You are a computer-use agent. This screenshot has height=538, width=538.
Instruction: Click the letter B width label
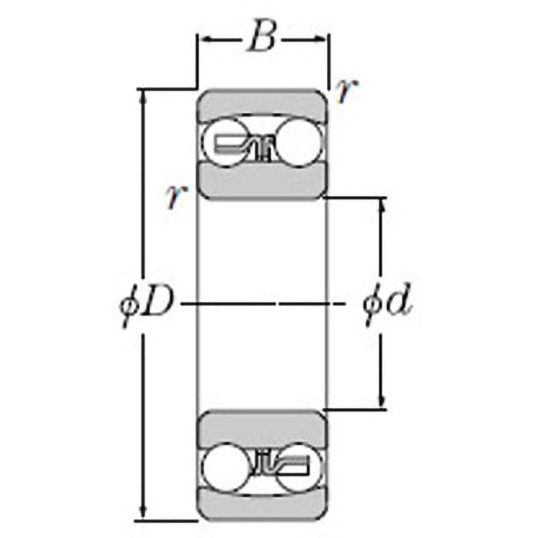point(262,38)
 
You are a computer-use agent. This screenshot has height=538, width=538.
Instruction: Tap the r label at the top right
point(346,91)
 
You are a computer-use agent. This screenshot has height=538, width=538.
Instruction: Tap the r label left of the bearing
point(176,196)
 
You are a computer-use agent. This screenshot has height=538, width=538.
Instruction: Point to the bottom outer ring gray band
point(262,504)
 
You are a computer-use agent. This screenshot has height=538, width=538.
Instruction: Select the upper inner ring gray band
point(262,180)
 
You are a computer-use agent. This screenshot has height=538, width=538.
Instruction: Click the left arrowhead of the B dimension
point(202,39)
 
